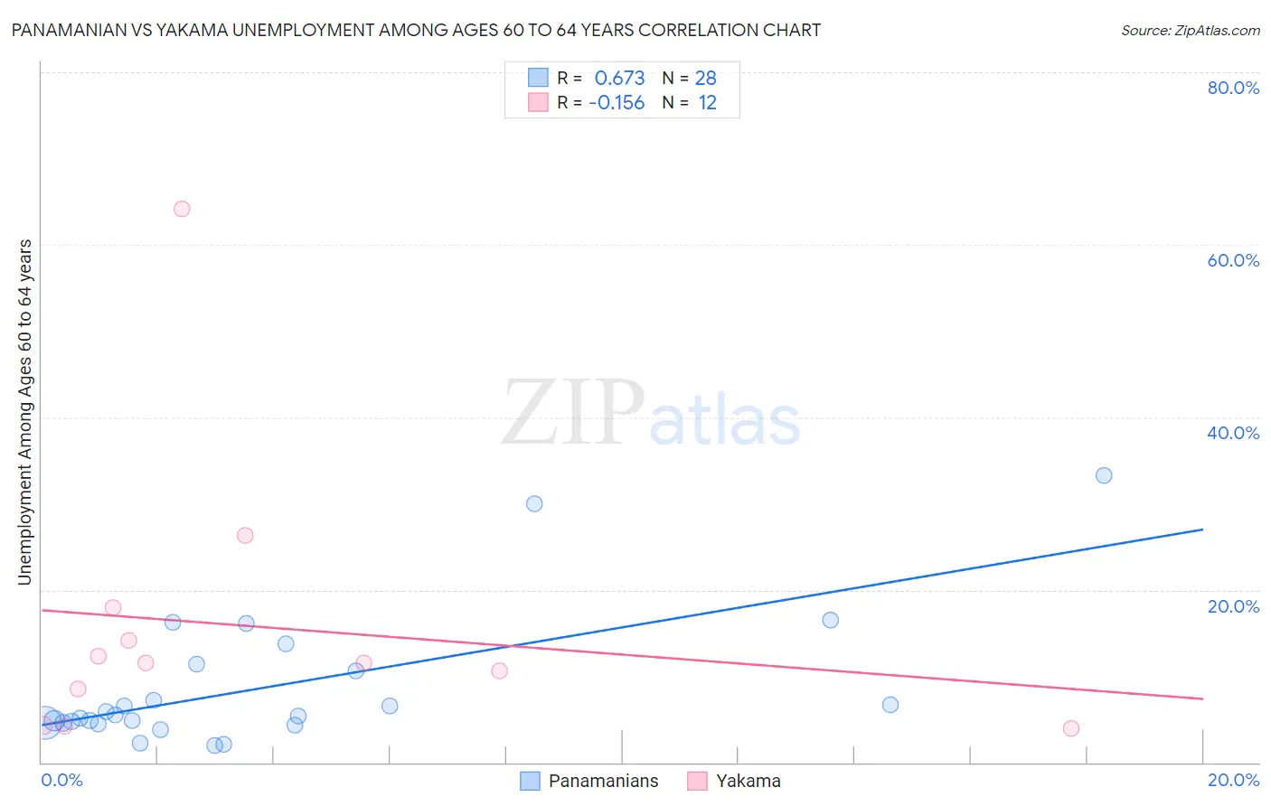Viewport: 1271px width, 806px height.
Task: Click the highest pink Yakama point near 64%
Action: tap(182, 209)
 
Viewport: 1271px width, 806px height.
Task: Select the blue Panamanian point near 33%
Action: tap(1104, 475)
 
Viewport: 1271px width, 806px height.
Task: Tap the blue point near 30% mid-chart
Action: tap(534, 503)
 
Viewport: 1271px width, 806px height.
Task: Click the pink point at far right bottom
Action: tap(1071, 728)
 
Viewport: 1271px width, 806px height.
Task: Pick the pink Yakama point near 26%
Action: tap(245, 535)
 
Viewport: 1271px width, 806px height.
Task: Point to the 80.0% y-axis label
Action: tap(1233, 88)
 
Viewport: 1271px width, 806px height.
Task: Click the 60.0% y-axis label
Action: tap(1233, 260)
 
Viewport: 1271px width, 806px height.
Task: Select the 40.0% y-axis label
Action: tap(1233, 433)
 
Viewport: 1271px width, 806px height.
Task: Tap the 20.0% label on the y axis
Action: tap(1233, 606)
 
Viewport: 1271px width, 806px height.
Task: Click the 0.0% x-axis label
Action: tap(61, 780)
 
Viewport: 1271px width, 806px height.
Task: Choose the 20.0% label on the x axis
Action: tap(1233, 780)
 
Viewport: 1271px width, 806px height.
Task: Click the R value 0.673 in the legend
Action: tap(619, 79)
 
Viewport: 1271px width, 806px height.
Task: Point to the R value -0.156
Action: tap(617, 103)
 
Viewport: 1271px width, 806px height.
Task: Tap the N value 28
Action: tap(705, 79)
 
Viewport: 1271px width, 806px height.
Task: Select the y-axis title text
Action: tap(24, 411)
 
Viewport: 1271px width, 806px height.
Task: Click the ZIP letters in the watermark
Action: tap(573, 414)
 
